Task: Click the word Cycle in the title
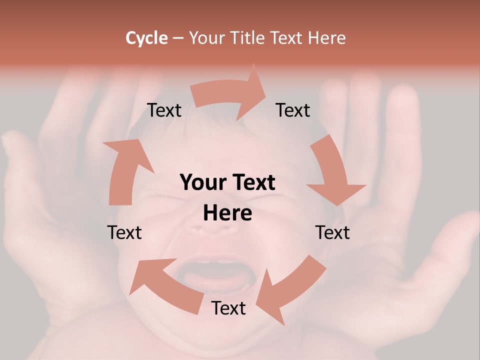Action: click(146, 38)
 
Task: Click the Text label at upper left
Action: click(164, 110)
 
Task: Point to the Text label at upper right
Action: click(293, 110)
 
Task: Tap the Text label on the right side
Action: click(332, 232)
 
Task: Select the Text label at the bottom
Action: click(228, 308)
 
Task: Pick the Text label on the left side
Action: click(124, 232)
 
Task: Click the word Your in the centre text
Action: click(201, 183)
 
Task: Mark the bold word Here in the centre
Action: click(227, 213)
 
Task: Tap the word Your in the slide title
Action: click(207, 38)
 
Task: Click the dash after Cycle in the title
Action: click(178, 38)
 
